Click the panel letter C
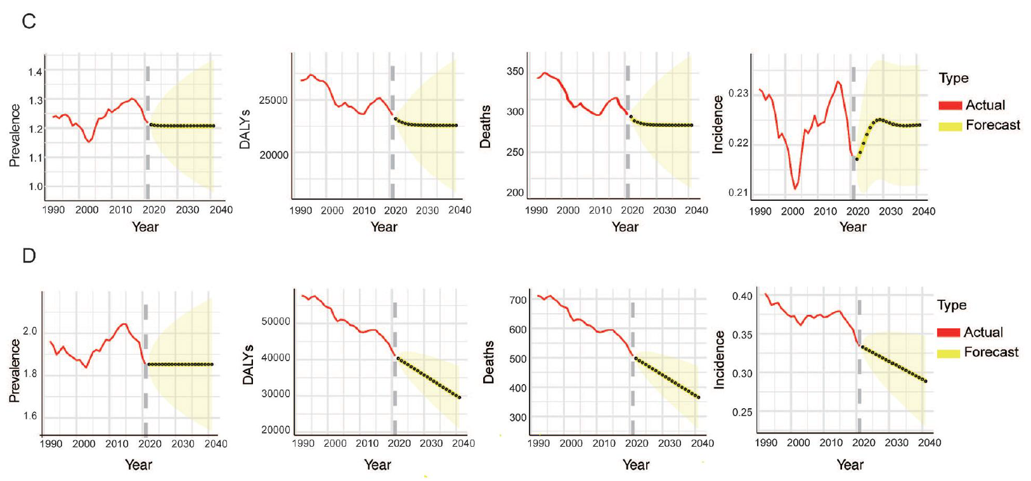(29, 22)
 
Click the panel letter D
(29, 256)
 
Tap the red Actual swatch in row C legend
(950, 105)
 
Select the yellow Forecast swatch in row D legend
(949, 352)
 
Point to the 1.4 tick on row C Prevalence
(35, 72)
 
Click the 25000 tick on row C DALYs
(273, 100)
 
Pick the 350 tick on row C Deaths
(515, 72)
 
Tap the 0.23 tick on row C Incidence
(738, 93)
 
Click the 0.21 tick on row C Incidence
(738, 192)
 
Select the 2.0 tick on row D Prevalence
(30, 331)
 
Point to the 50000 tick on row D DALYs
(275, 321)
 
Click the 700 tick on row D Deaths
(518, 300)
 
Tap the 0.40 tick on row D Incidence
(742, 296)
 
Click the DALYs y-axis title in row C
(245, 129)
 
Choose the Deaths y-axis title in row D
(488, 362)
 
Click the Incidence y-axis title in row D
(719, 359)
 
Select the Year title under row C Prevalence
(145, 227)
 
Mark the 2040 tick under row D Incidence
(930, 442)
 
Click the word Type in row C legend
(953, 78)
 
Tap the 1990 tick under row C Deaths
(536, 210)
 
